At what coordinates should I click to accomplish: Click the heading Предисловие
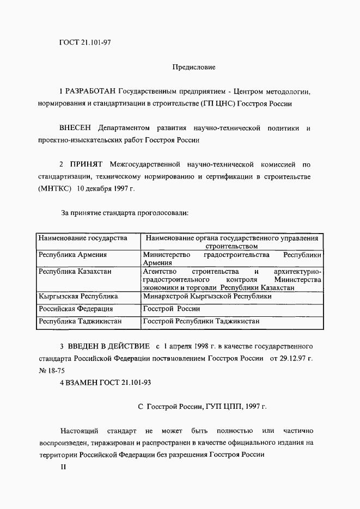tap(193, 68)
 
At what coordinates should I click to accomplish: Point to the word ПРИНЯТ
tap(87, 163)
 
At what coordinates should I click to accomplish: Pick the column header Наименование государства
tap(82, 238)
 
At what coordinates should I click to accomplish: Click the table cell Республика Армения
tap(72, 255)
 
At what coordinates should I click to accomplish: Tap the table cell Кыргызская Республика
tap(78, 297)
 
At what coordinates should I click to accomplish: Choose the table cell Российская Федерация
tap(75, 309)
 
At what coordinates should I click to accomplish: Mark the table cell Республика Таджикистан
tap(80, 321)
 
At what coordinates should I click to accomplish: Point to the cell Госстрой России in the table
tap(171, 309)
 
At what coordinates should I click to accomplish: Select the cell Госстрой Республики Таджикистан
tap(201, 321)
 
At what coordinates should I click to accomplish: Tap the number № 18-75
tap(52, 370)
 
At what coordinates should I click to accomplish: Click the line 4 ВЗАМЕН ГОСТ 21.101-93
tap(105, 382)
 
